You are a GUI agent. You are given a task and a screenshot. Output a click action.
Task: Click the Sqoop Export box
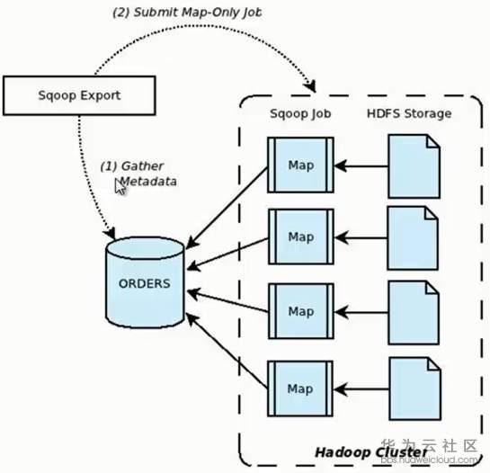[79, 95]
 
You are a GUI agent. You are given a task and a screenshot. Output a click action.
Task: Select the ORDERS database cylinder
[145, 282]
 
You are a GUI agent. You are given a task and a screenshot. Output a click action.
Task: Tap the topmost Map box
[300, 165]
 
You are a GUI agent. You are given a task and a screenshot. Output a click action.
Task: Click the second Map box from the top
[301, 236]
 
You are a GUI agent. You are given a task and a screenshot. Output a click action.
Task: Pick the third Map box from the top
[301, 311]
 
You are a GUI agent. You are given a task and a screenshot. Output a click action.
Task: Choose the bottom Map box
[300, 388]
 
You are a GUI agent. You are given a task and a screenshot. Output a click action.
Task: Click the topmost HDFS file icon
[414, 166]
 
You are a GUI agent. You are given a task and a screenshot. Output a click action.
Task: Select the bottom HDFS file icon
[415, 388]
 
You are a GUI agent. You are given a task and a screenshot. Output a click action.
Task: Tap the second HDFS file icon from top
[413, 238]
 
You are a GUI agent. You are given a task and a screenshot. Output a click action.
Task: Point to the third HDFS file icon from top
[414, 313]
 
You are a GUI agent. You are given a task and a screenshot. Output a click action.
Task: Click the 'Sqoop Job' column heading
[300, 113]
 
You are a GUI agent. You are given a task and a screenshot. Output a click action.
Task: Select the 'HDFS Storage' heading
[409, 113]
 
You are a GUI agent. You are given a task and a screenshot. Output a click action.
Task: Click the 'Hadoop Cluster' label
[371, 452]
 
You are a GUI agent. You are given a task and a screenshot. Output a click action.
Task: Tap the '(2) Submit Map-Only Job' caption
[187, 13]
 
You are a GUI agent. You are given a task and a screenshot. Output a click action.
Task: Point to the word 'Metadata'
[147, 182]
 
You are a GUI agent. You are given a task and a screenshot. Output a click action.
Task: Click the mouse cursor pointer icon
[120, 187]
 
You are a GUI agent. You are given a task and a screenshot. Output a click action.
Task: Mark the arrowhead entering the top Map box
[341, 165]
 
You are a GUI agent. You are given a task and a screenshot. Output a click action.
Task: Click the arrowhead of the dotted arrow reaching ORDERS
[110, 234]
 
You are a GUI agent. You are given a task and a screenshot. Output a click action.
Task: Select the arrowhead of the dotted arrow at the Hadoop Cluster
[310, 86]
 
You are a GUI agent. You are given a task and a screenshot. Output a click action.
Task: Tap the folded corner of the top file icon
[433, 140]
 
